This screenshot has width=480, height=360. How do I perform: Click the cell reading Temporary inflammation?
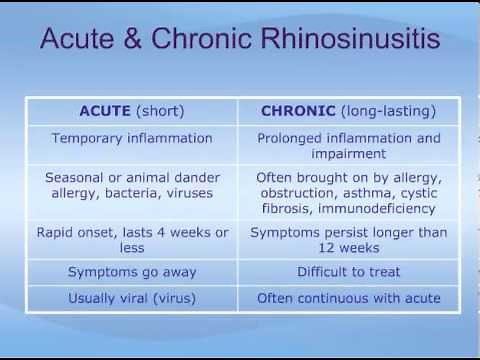click(131, 138)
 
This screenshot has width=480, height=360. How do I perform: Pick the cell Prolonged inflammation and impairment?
click(347, 146)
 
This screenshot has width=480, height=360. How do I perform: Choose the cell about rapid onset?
click(131, 240)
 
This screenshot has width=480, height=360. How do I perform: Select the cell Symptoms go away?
click(131, 272)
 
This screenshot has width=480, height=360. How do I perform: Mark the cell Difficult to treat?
click(347, 272)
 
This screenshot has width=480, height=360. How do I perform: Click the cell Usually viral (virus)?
click(131, 298)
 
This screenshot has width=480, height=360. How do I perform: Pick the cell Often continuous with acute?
click(347, 298)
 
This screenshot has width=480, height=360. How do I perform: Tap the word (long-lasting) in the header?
click(387, 110)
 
